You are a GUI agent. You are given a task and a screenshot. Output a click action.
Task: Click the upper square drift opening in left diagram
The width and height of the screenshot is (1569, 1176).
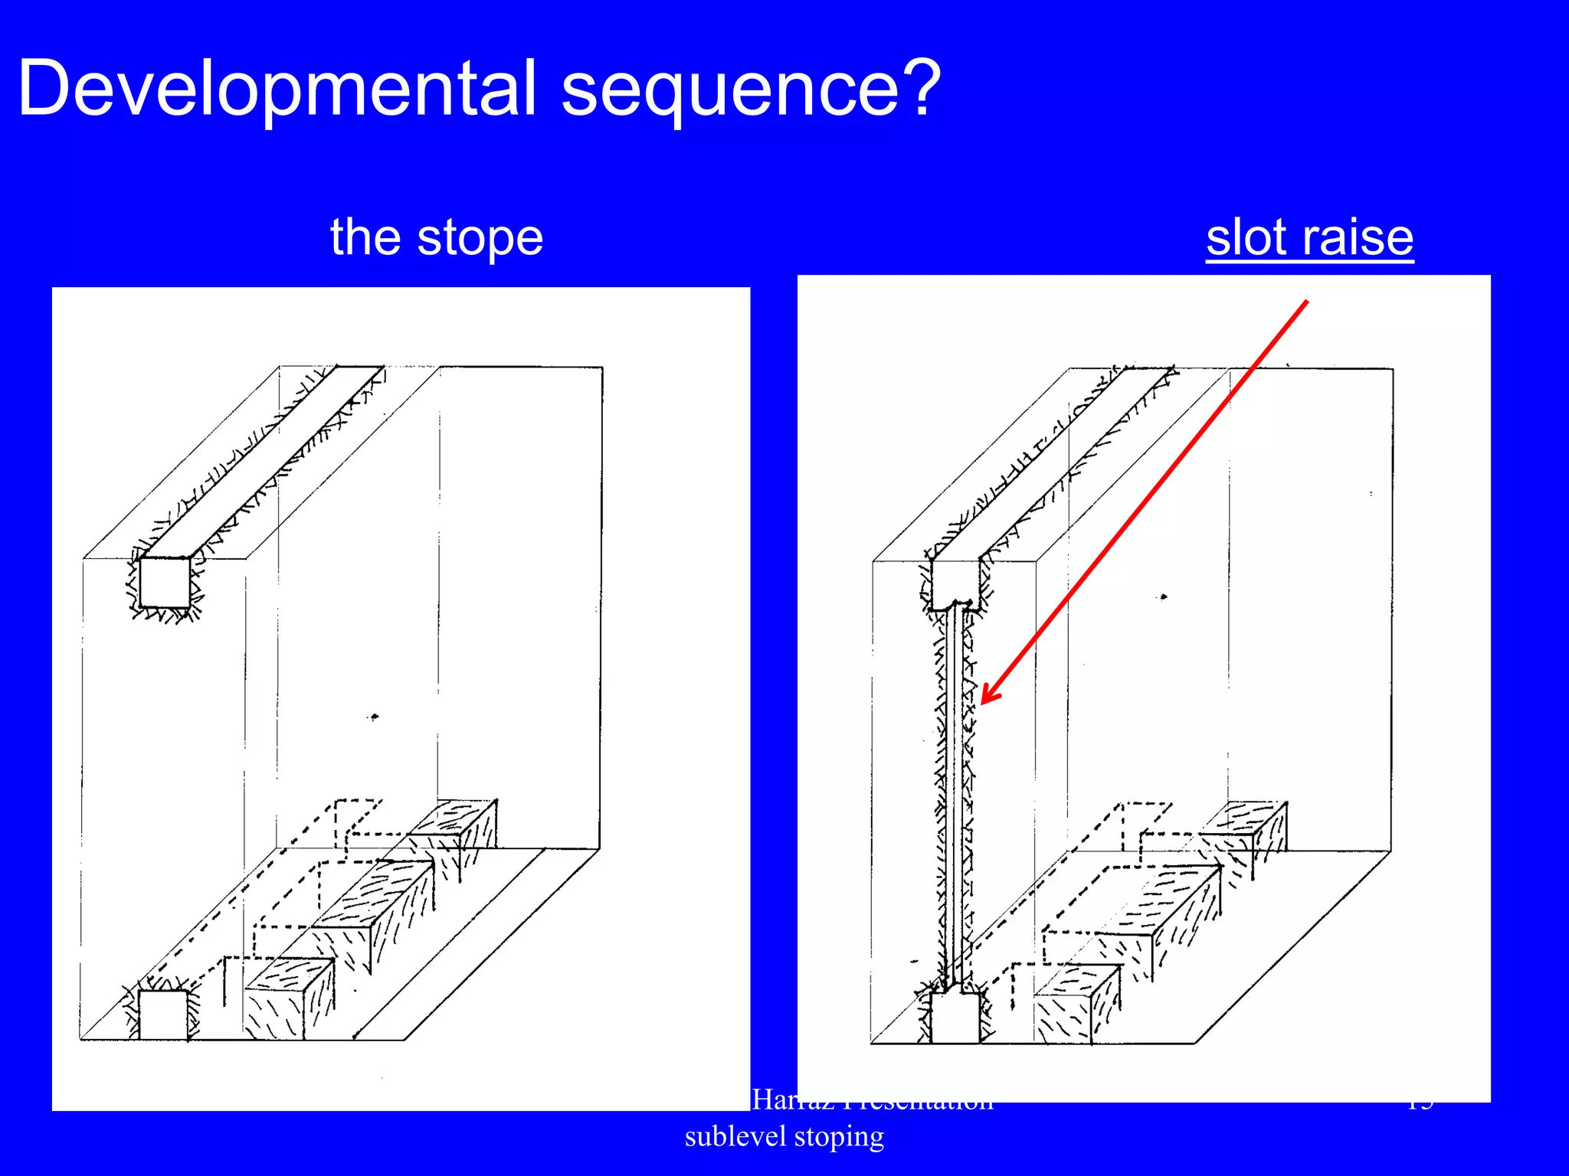tap(165, 583)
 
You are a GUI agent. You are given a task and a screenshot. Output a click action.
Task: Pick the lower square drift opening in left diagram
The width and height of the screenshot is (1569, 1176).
tap(163, 1015)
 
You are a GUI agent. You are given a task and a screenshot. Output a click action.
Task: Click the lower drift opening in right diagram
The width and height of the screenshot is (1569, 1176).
tap(955, 1018)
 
